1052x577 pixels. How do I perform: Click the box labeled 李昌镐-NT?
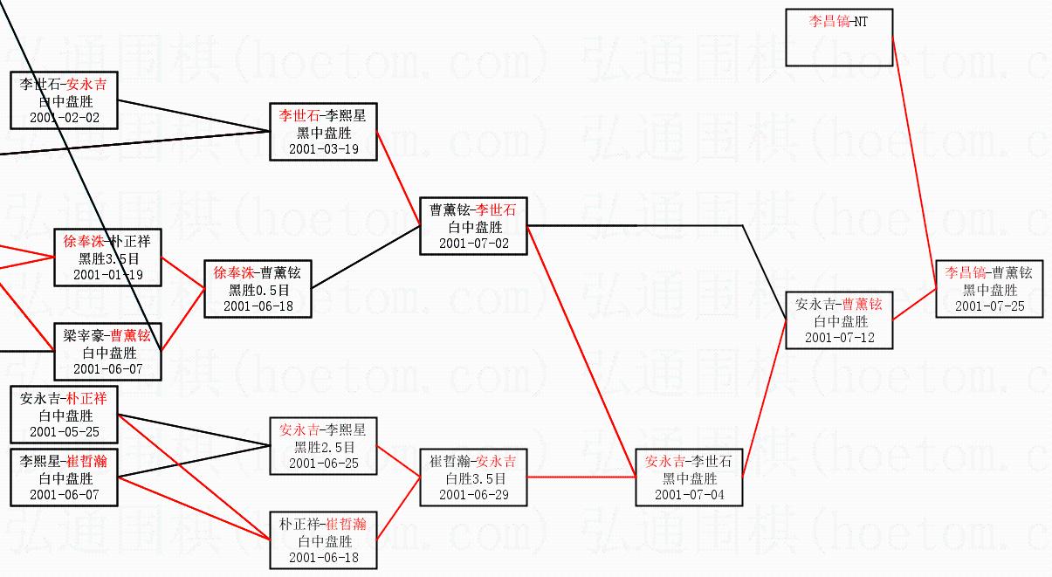(838, 38)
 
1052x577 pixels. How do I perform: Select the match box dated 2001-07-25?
(989, 289)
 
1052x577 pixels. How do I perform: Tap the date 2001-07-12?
(839, 337)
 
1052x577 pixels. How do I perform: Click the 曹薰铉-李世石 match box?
(473, 226)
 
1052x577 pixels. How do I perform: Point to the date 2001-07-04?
(689, 495)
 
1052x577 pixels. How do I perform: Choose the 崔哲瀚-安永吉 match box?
(473, 477)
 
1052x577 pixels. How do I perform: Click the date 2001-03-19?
(324, 148)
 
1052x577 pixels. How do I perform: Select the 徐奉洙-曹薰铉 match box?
(258, 289)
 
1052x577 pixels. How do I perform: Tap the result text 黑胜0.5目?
(258, 290)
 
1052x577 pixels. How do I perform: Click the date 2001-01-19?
(108, 274)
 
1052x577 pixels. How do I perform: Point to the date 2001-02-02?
(65, 117)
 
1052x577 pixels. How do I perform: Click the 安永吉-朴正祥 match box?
(65, 415)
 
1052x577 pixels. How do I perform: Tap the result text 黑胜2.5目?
(323, 447)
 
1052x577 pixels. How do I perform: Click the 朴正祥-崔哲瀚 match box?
(323, 540)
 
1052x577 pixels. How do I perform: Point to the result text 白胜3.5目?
(473, 478)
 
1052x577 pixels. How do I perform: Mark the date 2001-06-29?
(473, 495)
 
